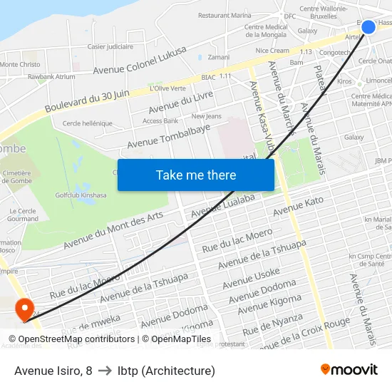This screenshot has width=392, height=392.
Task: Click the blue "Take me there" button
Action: tap(196, 175)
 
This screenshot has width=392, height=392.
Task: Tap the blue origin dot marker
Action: tap(368, 27)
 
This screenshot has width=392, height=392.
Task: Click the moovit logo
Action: tap(349, 370)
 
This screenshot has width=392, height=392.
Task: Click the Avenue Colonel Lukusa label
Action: tap(140, 61)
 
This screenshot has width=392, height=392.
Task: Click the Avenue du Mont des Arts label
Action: tap(113, 229)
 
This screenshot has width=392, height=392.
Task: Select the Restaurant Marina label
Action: tap(225, 15)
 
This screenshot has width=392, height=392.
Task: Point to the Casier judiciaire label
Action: tap(110, 46)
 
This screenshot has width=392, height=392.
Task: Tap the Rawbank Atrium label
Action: tap(51, 76)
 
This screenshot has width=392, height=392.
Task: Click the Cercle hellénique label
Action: tap(88, 123)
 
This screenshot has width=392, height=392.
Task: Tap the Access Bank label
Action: tap(160, 121)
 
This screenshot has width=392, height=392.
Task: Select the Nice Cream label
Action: tap(272, 51)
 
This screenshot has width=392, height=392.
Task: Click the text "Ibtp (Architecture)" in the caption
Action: tap(166, 371)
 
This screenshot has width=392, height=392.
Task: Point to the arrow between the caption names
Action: tap(105, 371)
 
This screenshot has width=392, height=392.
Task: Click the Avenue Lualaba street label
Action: tap(223, 204)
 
